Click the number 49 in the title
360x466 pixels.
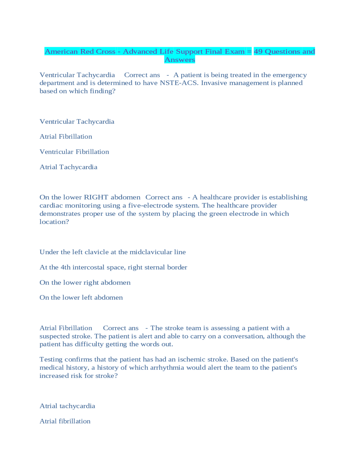[x=258, y=51]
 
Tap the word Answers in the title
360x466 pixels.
[x=180, y=60]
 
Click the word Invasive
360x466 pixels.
[x=213, y=83]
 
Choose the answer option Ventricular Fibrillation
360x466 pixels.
[x=74, y=152]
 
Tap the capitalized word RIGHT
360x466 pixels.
[x=96, y=197]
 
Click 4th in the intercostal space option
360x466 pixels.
[x=66, y=267]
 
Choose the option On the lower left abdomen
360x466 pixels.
[x=81, y=297]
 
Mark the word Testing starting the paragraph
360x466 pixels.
[x=51, y=360]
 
